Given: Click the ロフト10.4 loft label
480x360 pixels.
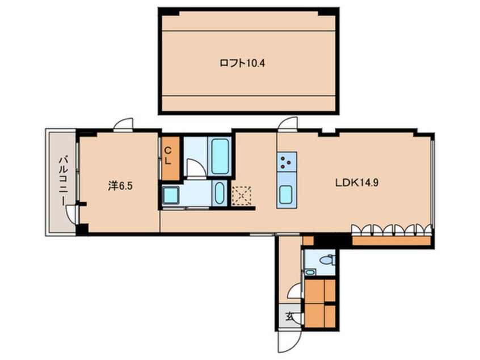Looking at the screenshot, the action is (242, 64).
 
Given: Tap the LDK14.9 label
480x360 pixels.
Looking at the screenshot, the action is (357, 183).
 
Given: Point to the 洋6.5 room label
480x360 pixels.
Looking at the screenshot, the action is (120, 186).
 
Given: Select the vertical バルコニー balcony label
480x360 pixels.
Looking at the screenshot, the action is (64, 181).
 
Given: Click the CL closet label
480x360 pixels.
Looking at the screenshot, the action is (168, 156).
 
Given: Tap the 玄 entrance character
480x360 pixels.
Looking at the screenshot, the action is (289, 316).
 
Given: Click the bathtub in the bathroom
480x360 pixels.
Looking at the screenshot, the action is (220, 156).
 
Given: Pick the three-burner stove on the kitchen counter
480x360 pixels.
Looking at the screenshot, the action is (287, 162).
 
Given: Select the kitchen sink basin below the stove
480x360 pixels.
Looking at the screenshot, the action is (286, 194).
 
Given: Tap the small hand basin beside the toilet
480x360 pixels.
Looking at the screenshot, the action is (310, 272).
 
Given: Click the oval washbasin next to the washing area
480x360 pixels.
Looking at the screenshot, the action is (219, 193).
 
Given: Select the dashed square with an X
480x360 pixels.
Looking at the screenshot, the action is (242, 195).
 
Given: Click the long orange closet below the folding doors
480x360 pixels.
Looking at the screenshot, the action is (391, 241).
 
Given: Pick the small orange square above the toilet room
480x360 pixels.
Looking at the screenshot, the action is (308, 241).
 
